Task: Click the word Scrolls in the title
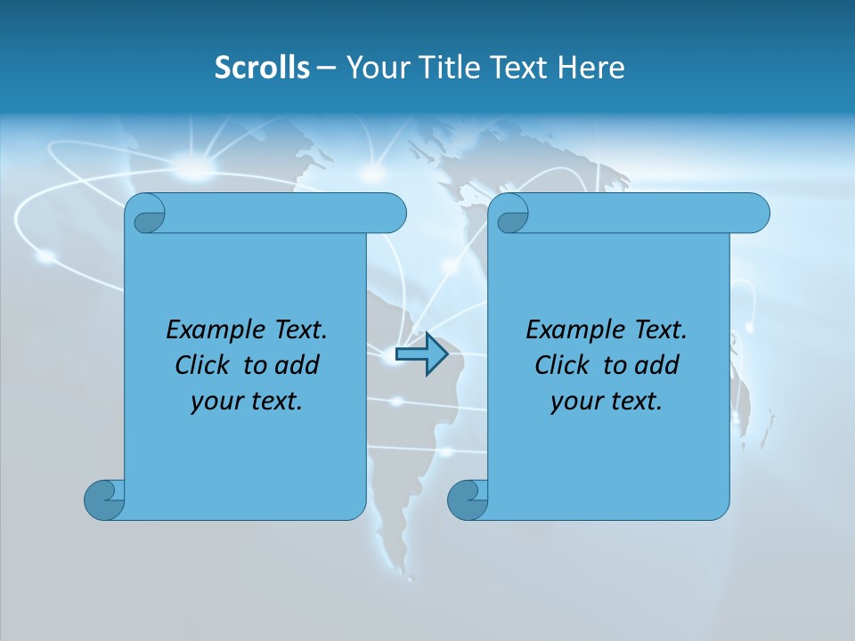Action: (262, 68)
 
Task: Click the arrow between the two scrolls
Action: (421, 353)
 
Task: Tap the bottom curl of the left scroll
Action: (103, 499)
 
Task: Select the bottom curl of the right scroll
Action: (467, 499)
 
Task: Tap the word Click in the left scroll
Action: (203, 365)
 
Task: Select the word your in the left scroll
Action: (214, 402)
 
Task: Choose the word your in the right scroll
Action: (574, 402)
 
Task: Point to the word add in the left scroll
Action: (297, 365)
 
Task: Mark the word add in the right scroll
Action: (657, 365)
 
